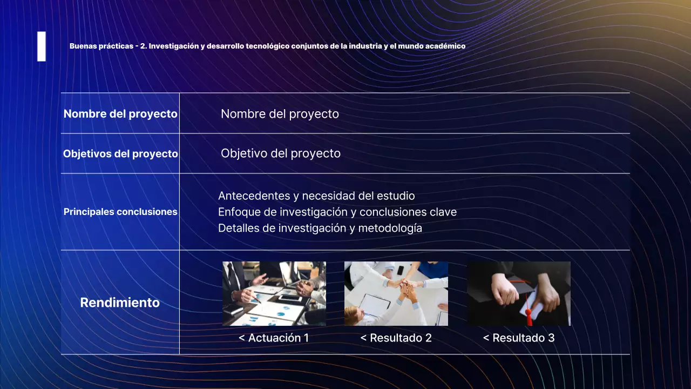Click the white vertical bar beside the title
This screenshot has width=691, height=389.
coord(42,46)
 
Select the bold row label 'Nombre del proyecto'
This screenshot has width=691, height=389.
coord(120,114)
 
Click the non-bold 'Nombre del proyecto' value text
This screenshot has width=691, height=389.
coord(280,114)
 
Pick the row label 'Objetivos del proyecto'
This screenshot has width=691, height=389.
coord(120,154)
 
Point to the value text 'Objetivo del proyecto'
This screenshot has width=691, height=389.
coord(280,153)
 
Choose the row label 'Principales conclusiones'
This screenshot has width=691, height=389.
coord(120,212)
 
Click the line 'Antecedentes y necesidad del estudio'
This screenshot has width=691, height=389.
coord(316,196)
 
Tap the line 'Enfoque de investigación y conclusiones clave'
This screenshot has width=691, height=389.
coord(337,212)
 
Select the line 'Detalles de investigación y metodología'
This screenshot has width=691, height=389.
coord(320,228)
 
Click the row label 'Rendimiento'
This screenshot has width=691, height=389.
coord(120,303)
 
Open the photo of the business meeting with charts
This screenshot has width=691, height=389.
coord(274,293)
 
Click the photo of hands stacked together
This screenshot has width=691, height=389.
coord(396,293)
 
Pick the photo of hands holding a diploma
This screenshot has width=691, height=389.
coord(519,293)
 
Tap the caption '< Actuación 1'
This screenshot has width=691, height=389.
coord(274,338)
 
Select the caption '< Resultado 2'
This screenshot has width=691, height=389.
coord(396,338)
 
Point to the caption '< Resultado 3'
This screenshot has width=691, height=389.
coord(518,338)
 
